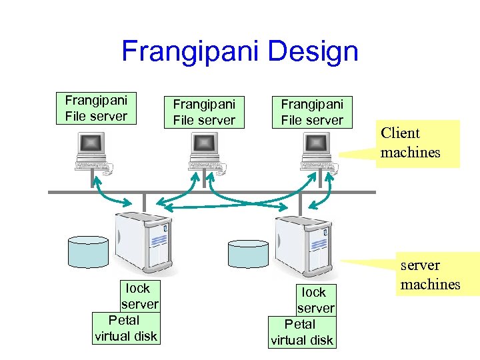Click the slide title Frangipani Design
click(239, 51)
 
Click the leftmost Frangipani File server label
click(96, 108)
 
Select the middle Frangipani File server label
click(204, 112)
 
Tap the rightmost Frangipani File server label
click(312, 112)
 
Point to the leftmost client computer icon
click(94, 153)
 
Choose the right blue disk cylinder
click(248, 253)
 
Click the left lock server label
click(138, 296)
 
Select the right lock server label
click(315, 300)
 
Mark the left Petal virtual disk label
click(125, 328)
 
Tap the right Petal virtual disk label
click(301, 332)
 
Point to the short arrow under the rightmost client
click(327, 192)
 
